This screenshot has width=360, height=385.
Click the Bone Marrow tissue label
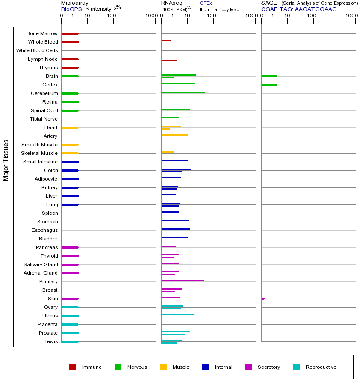(x=42, y=33)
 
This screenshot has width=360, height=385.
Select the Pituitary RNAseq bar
(x=182, y=280)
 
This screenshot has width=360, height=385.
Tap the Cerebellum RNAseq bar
(x=183, y=92)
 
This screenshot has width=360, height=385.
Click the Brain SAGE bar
(x=269, y=76)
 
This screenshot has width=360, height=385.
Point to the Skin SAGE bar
(x=263, y=299)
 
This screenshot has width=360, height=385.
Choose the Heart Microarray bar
(x=70, y=127)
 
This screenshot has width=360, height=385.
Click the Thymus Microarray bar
(x=70, y=68)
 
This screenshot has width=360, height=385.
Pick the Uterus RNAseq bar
(x=177, y=314)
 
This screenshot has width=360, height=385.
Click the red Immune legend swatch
(x=73, y=367)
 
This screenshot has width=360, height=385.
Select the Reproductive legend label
(x=321, y=367)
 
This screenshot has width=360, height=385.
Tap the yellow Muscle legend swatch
(x=163, y=367)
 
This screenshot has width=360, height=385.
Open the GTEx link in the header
(x=206, y=3)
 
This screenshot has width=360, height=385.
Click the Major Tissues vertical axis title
(x=6, y=160)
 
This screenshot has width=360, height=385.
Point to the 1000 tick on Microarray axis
(x=150, y=16)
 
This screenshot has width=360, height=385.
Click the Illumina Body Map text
(x=219, y=9)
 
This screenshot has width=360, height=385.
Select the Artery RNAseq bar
(x=174, y=135)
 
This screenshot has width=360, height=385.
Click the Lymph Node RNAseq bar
(x=169, y=60)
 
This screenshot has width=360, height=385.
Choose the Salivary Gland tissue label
(x=41, y=264)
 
